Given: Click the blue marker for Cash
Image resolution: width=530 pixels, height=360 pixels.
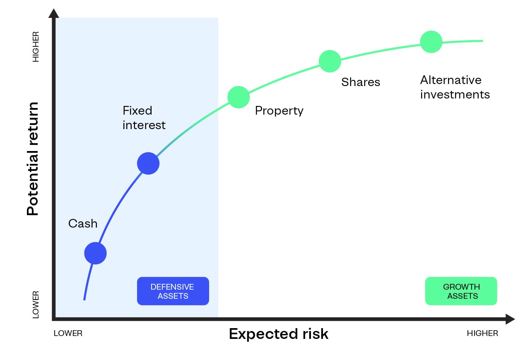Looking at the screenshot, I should pyautogui.click(x=96, y=253).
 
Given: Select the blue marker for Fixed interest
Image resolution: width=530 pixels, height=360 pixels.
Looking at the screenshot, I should pyautogui.click(x=148, y=163).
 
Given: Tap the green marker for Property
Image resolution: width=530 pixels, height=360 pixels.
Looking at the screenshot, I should pyautogui.click(x=238, y=97).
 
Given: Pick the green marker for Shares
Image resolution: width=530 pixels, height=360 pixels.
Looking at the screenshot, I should pyautogui.click(x=330, y=61).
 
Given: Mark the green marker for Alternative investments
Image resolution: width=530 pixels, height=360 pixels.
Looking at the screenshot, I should pyautogui.click(x=431, y=42).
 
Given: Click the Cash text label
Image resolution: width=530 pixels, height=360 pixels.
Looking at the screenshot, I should pyautogui.click(x=83, y=223).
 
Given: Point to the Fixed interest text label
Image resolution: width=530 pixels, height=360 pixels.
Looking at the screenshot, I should pyautogui.click(x=144, y=118).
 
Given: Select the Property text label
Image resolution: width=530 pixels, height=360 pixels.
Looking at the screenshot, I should pyautogui.click(x=279, y=111).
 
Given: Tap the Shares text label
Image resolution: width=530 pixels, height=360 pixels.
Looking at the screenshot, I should pyautogui.click(x=360, y=82).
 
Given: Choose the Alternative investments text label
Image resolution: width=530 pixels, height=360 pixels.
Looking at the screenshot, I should pyautogui.click(x=455, y=87).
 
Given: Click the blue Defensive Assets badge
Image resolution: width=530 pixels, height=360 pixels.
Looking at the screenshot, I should pyautogui.click(x=173, y=291).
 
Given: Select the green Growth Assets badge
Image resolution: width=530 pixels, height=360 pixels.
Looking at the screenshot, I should pyautogui.click(x=461, y=291).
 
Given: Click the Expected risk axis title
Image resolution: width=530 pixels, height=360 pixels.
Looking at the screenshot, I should pyautogui.click(x=278, y=334).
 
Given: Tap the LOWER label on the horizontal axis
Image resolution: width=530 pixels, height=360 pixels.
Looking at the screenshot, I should pyautogui.click(x=68, y=334).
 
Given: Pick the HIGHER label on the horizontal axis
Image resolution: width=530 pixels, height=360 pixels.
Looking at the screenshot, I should pyautogui.click(x=482, y=334).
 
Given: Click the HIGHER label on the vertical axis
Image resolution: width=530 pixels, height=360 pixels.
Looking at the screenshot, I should pyautogui.click(x=36, y=47).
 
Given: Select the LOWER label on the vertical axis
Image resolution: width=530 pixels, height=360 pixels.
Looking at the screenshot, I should pyautogui.click(x=36, y=305).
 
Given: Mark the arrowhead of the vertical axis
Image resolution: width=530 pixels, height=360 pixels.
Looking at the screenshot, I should pyautogui.click(x=53, y=13).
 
